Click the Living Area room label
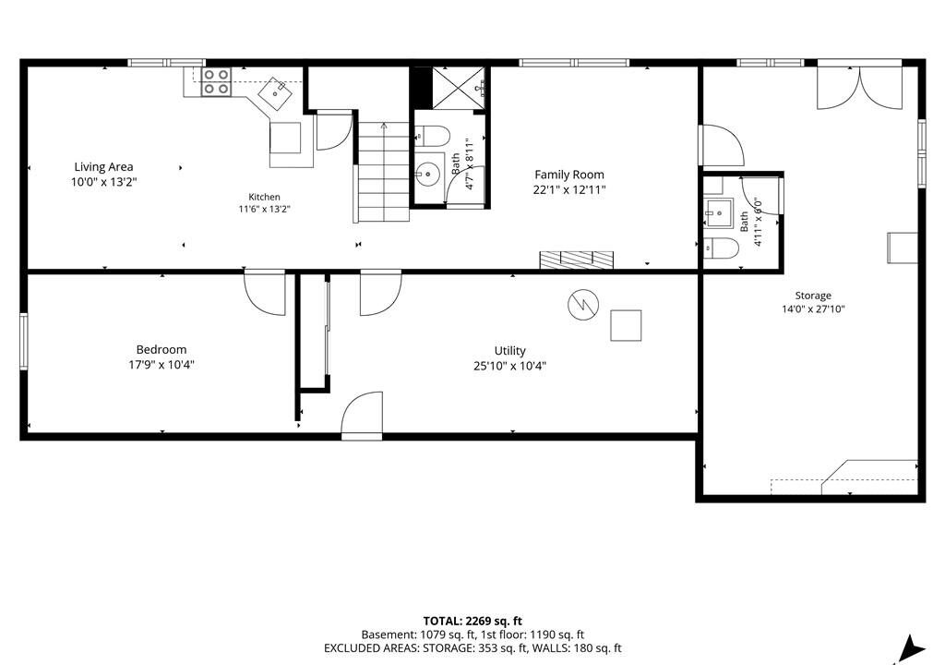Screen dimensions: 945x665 [x=103, y=166]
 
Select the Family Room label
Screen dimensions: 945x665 [x=568, y=175]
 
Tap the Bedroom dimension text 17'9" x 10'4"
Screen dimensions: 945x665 [x=161, y=365]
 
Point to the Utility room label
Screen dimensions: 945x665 [x=509, y=351]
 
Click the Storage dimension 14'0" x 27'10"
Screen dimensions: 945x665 [x=813, y=309]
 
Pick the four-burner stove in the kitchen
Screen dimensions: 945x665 [x=216, y=81]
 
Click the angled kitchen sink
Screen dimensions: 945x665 [x=276, y=93]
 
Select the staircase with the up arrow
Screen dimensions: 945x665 [x=383, y=172]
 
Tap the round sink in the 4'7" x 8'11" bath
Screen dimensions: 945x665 [x=428, y=175]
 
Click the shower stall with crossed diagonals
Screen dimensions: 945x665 [x=459, y=88]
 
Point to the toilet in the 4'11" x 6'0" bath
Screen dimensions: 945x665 [x=722, y=248]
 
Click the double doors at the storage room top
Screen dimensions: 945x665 [x=859, y=85]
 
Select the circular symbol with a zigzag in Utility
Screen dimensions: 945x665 [x=583, y=305]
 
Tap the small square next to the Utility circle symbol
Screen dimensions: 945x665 [x=626, y=325]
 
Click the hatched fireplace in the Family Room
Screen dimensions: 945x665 [x=576, y=259]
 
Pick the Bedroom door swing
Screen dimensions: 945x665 [x=265, y=293]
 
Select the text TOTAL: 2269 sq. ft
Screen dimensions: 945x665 [x=472, y=621]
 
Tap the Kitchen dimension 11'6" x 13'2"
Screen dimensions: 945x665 [x=265, y=210]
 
